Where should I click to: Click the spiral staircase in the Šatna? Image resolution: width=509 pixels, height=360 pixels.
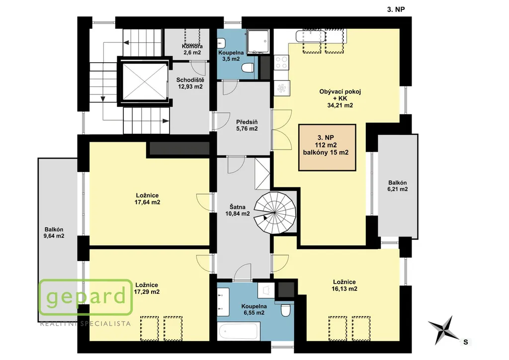[x=275, y=213]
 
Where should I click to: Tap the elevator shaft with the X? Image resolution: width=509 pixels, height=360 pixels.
[x=145, y=82]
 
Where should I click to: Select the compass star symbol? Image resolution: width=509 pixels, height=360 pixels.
[x=443, y=330]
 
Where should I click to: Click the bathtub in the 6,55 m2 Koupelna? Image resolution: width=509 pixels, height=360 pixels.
[x=239, y=331]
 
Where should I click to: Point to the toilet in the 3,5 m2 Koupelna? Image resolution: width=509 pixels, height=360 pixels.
[x=248, y=68]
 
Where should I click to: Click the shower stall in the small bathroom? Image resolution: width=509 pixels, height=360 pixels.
[x=258, y=42]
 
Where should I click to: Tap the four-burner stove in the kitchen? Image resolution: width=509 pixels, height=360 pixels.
[x=281, y=62]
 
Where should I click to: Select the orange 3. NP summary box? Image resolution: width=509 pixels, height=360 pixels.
[x=327, y=147]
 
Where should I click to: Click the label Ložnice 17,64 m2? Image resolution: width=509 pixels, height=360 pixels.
[x=147, y=199]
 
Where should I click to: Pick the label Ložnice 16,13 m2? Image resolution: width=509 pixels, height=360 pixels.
[x=344, y=285]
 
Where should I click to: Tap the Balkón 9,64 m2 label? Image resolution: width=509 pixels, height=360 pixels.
[x=54, y=233]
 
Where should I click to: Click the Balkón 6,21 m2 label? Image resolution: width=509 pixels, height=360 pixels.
[x=397, y=186]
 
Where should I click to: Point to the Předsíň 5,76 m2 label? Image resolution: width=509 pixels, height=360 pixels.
[x=247, y=125]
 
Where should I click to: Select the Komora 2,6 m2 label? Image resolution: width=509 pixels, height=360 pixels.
[x=192, y=49]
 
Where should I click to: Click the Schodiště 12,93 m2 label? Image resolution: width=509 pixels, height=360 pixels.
[x=190, y=83]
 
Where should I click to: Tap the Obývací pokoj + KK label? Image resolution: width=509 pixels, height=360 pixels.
[x=340, y=98]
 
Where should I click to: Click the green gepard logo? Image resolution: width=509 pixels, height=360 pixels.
[x=85, y=297]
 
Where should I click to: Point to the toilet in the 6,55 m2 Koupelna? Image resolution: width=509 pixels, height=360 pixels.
[x=286, y=310]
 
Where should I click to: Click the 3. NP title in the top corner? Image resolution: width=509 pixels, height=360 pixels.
[x=396, y=9]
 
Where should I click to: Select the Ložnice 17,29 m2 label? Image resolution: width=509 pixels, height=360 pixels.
[x=147, y=288]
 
